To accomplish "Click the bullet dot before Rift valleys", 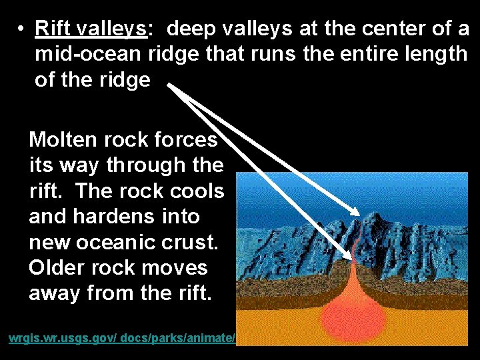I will [22, 29].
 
